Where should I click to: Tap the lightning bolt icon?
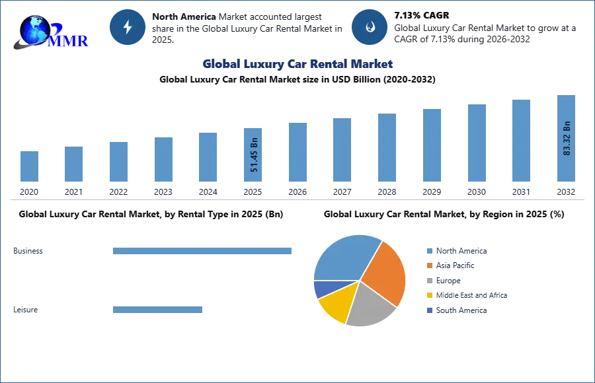128,27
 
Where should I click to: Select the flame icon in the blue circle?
370,27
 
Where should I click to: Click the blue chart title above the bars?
298,64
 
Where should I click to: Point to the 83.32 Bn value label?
566,138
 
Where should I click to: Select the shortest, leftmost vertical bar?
29,166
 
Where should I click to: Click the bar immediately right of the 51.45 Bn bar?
296,153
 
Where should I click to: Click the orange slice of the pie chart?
385,271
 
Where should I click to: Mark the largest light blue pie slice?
344,258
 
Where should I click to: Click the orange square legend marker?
428,265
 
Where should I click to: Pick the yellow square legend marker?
428,295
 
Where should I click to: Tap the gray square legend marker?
428,281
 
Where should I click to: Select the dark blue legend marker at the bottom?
428,310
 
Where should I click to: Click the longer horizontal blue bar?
203,251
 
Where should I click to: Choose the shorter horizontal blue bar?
158,311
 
